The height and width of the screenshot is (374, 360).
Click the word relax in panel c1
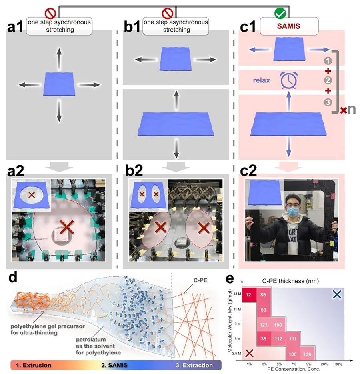(262, 80)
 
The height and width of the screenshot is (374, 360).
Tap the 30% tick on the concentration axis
(338, 364)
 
